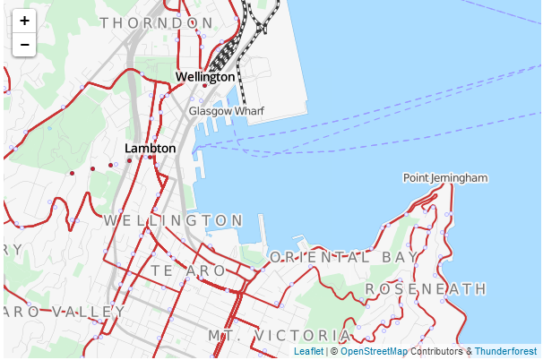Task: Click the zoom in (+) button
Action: point(24,21)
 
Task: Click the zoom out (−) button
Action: point(24,44)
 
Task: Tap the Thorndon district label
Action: point(157,22)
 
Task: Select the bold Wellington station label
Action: point(205,77)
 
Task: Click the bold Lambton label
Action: point(151,148)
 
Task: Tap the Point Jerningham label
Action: point(445,177)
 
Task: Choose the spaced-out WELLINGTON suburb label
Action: point(173,220)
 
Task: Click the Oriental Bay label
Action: point(344,257)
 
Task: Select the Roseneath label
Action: point(427,289)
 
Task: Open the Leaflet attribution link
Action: point(308,352)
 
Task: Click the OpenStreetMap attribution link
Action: point(374,352)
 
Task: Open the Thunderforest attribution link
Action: point(506,352)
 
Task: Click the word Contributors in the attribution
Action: point(437,352)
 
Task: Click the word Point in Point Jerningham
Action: point(416,177)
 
